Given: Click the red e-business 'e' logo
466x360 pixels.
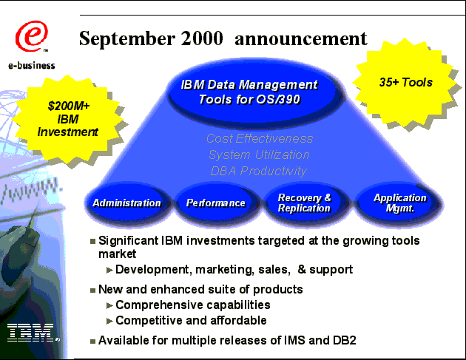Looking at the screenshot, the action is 31,36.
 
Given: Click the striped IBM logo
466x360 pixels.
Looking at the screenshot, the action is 32,333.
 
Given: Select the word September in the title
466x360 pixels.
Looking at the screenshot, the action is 127,39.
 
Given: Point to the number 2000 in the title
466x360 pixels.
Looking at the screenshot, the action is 202,38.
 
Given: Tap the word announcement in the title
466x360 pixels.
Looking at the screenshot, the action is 301,39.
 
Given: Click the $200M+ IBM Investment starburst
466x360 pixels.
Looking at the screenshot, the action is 67,120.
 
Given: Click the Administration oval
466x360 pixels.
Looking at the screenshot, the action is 127,203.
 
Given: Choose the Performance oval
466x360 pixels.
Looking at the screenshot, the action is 216,203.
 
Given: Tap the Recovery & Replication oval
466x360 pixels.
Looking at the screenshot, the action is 305,203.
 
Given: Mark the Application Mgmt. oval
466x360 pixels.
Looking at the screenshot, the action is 399,203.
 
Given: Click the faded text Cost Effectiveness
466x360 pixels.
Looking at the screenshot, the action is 260,139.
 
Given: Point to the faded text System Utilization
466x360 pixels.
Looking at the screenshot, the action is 259,154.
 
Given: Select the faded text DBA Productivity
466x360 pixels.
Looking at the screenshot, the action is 258,171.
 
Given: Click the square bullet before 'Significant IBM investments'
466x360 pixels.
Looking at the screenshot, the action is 92,241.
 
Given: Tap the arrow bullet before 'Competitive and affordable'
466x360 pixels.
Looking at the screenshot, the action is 109,321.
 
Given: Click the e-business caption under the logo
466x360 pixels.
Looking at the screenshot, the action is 32,65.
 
